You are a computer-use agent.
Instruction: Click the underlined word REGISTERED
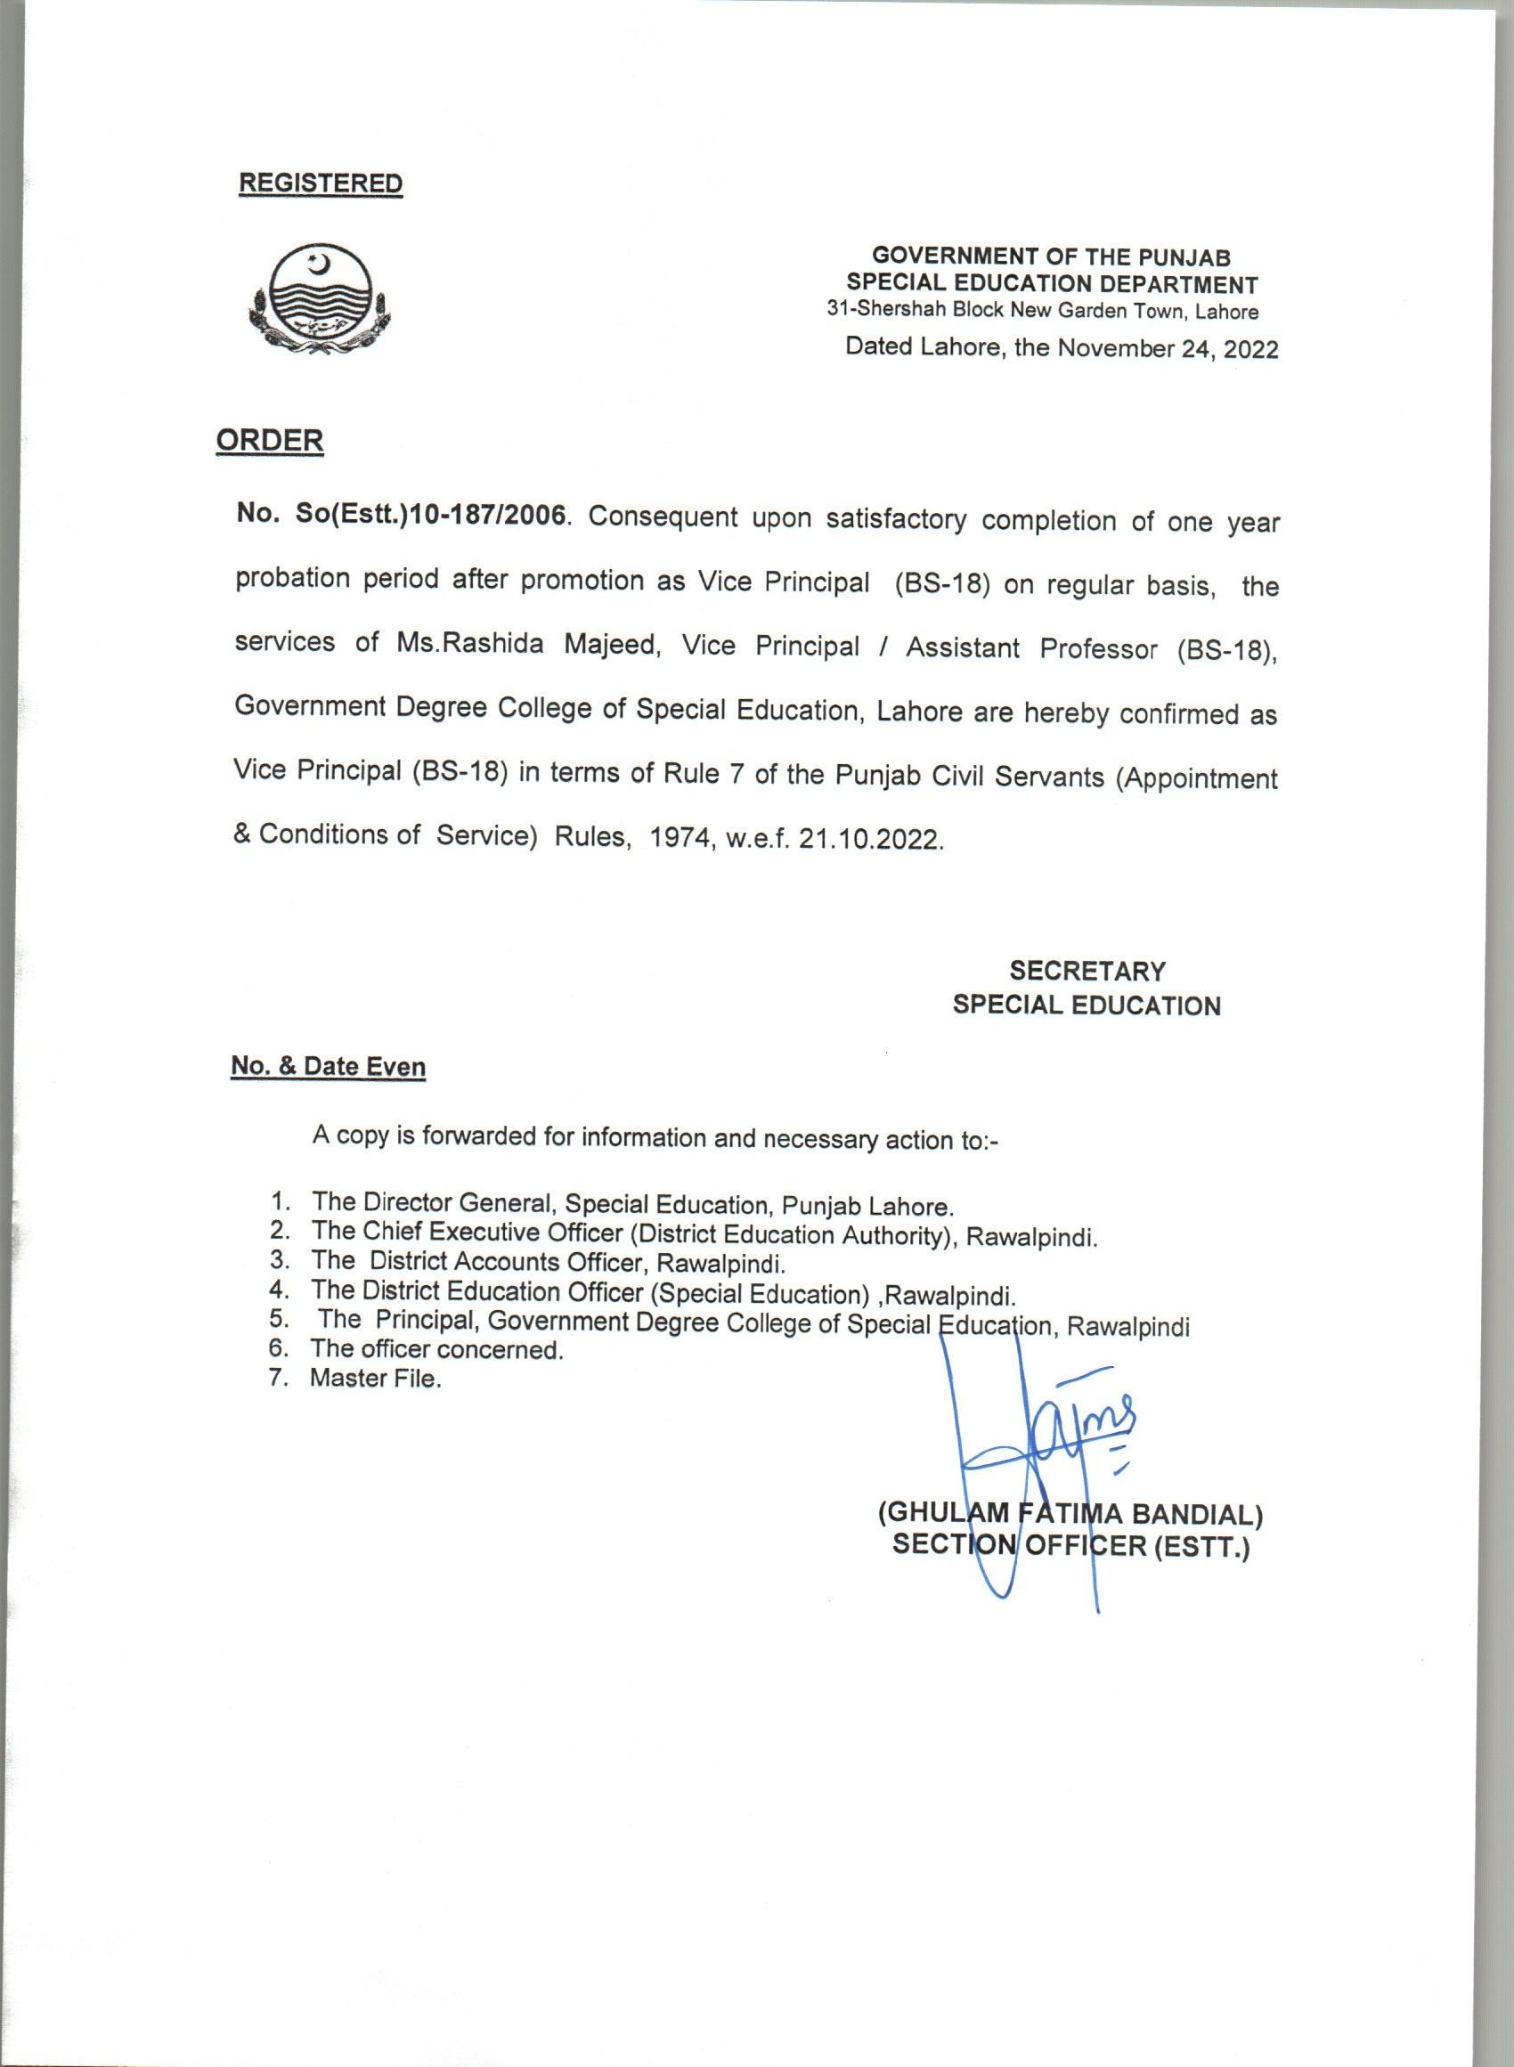click(x=320, y=183)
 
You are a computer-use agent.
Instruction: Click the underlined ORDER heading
click(x=270, y=441)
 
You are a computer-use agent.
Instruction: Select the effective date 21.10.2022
click(x=869, y=840)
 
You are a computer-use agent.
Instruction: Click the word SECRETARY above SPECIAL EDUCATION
click(x=1087, y=971)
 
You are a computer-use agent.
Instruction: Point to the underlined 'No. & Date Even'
click(x=328, y=1068)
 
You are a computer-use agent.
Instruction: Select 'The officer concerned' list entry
click(x=436, y=1349)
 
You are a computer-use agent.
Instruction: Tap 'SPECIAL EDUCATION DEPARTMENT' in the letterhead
click(x=1052, y=284)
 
